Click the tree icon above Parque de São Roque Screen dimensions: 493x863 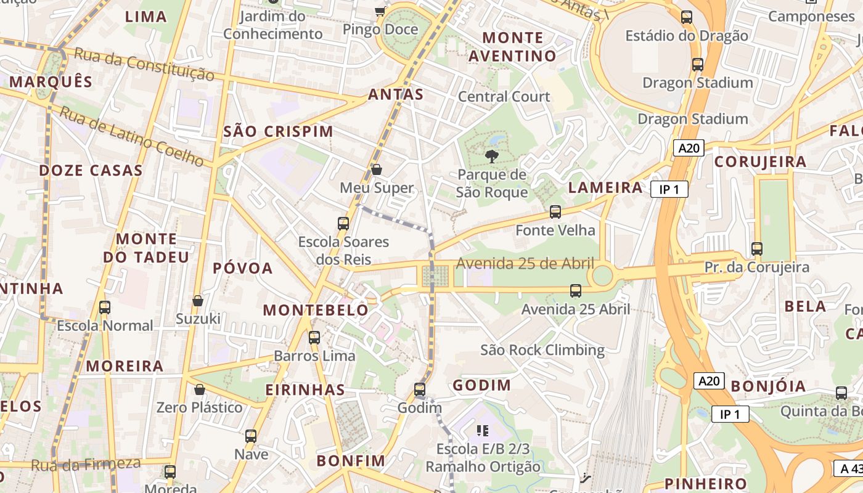tap(491, 156)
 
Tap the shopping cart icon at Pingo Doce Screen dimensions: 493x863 tap(380, 11)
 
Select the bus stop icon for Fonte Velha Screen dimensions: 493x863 tap(555, 212)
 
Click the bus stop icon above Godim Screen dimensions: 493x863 tap(420, 389)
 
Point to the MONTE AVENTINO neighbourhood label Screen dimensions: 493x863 tap(512, 47)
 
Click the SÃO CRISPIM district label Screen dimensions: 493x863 tap(279, 131)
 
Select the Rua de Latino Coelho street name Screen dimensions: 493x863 tap(132, 136)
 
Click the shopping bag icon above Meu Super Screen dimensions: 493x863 tap(377, 169)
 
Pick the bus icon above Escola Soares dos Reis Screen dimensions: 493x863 tap(343, 224)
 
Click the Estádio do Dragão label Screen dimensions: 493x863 tap(687, 36)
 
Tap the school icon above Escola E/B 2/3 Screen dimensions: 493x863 tap(483, 430)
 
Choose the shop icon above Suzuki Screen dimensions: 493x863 tap(198, 301)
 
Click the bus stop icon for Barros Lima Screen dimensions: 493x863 tap(314, 338)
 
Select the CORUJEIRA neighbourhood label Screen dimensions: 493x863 tap(760, 161)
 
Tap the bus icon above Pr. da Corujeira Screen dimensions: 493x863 tap(757, 249)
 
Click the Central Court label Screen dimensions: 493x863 tap(504, 97)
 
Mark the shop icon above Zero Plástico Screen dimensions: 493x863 tap(199, 389)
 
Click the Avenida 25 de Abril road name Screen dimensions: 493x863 tap(525, 264)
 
